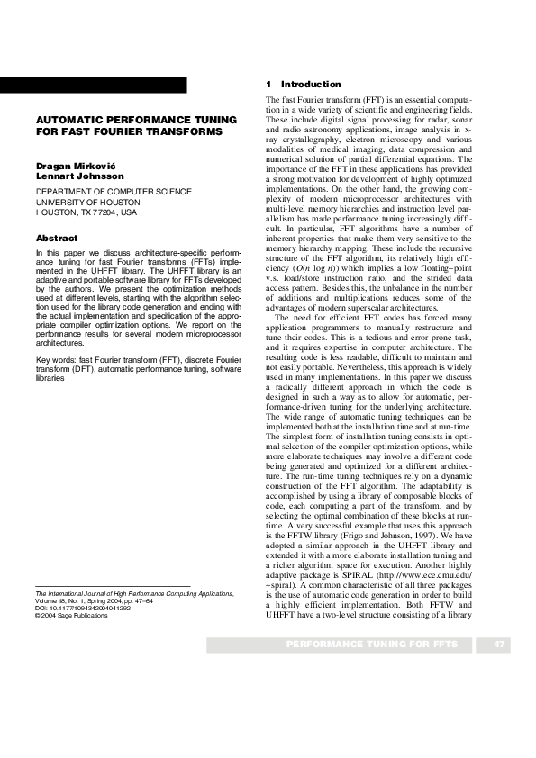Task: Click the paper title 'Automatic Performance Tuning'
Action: click(135, 120)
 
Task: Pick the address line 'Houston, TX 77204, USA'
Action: click(86, 213)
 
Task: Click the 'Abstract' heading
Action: click(56, 238)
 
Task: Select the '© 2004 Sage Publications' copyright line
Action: click(70, 641)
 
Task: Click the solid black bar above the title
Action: click(94, 86)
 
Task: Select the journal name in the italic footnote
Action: click(133, 619)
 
